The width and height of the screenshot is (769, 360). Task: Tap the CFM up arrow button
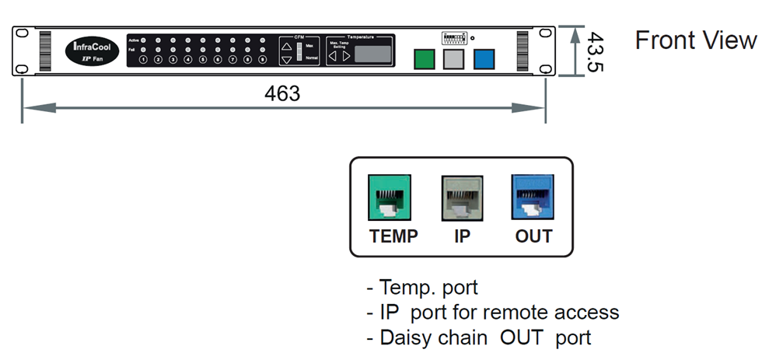pos(287,45)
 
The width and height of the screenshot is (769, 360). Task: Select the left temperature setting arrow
pos(333,56)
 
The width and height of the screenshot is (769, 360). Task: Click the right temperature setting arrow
pos(347,56)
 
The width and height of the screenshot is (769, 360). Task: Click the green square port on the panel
pos(424,59)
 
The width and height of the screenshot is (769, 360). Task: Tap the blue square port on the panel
pos(483,59)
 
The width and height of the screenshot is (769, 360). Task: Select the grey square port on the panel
pos(453,59)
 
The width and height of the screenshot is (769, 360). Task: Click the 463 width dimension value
pos(281,94)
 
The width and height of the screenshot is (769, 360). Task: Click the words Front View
pos(695,40)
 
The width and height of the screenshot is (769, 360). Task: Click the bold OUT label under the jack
pos(533,236)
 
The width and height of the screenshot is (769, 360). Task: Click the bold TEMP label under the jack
pos(393,236)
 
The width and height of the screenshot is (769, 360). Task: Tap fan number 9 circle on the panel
pos(263,59)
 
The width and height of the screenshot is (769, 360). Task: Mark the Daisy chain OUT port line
pos(478,337)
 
